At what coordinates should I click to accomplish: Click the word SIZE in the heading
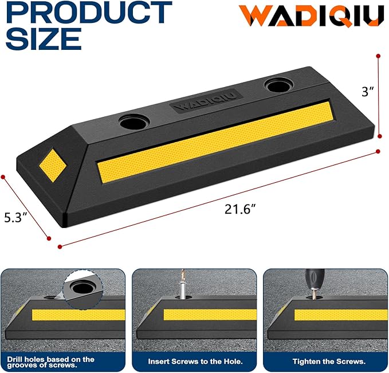[44, 39]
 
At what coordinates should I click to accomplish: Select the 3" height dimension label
[367, 91]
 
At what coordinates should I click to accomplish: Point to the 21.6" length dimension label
[240, 209]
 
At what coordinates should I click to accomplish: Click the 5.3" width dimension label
[15, 218]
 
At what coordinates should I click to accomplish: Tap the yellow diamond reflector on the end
[53, 166]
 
